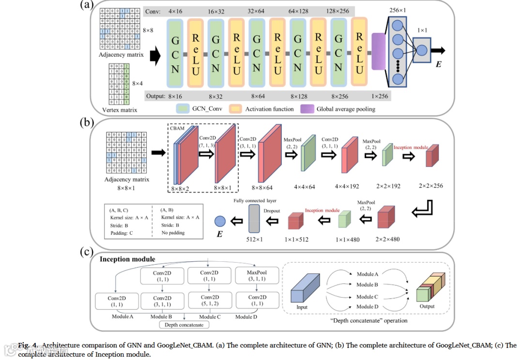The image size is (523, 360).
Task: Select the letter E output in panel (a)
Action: pyautogui.click(x=439, y=64)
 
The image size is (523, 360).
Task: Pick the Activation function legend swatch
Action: pyautogui.click(x=235, y=109)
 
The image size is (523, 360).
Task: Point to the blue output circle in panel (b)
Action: pyautogui.click(x=220, y=221)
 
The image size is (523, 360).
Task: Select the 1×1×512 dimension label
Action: pyautogui.click(x=296, y=239)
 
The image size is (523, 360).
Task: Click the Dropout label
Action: pyautogui.click(x=272, y=211)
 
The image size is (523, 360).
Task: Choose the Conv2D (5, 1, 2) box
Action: pyautogui.click(x=210, y=300)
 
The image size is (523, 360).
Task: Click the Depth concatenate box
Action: pyautogui.click(x=184, y=325)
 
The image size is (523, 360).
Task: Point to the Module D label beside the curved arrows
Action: pyautogui.click(x=368, y=306)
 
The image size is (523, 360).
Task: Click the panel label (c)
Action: pyautogui.click(x=86, y=251)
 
